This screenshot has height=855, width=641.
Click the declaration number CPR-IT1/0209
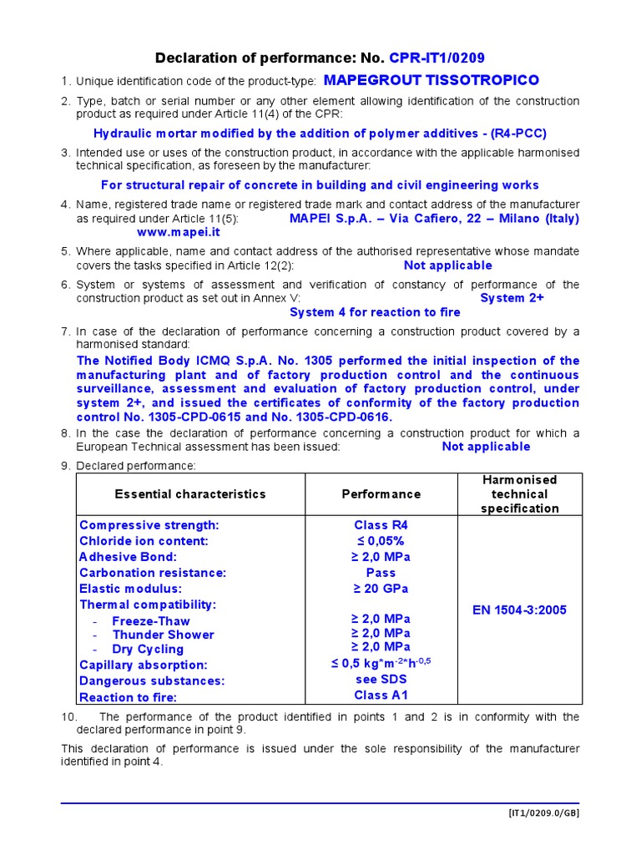pyautogui.click(x=437, y=58)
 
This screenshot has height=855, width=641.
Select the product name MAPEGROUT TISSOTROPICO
pyautogui.click(x=431, y=80)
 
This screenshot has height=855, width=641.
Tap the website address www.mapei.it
pyautogui.click(x=173, y=232)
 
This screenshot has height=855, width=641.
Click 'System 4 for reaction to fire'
pyautogui.click(x=375, y=312)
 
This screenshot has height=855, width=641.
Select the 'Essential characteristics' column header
pyautogui.click(x=190, y=493)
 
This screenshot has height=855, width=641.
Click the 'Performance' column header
pyautogui.click(x=381, y=493)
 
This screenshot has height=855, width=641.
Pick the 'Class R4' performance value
pyautogui.click(x=381, y=525)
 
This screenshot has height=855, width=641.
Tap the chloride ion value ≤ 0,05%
pyautogui.click(x=381, y=541)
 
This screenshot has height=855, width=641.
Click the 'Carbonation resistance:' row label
pyautogui.click(x=153, y=573)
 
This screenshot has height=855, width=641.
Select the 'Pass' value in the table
pyautogui.click(x=381, y=573)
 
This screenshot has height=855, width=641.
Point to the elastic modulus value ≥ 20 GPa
pyautogui.click(x=381, y=589)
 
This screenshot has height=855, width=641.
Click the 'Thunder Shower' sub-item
pyautogui.click(x=163, y=635)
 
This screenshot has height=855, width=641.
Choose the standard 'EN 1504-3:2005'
pyautogui.click(x=519, y=610)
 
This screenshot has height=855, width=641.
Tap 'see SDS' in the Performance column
pyautogui.click(x=381, y=680)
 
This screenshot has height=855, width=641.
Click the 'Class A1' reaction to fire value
pyautogui.click(x=381, y=696)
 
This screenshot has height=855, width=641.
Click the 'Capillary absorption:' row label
pyautogui.click(x=144, y=665)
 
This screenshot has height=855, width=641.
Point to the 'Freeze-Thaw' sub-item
pyautogui.click(x=150, y=620)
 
